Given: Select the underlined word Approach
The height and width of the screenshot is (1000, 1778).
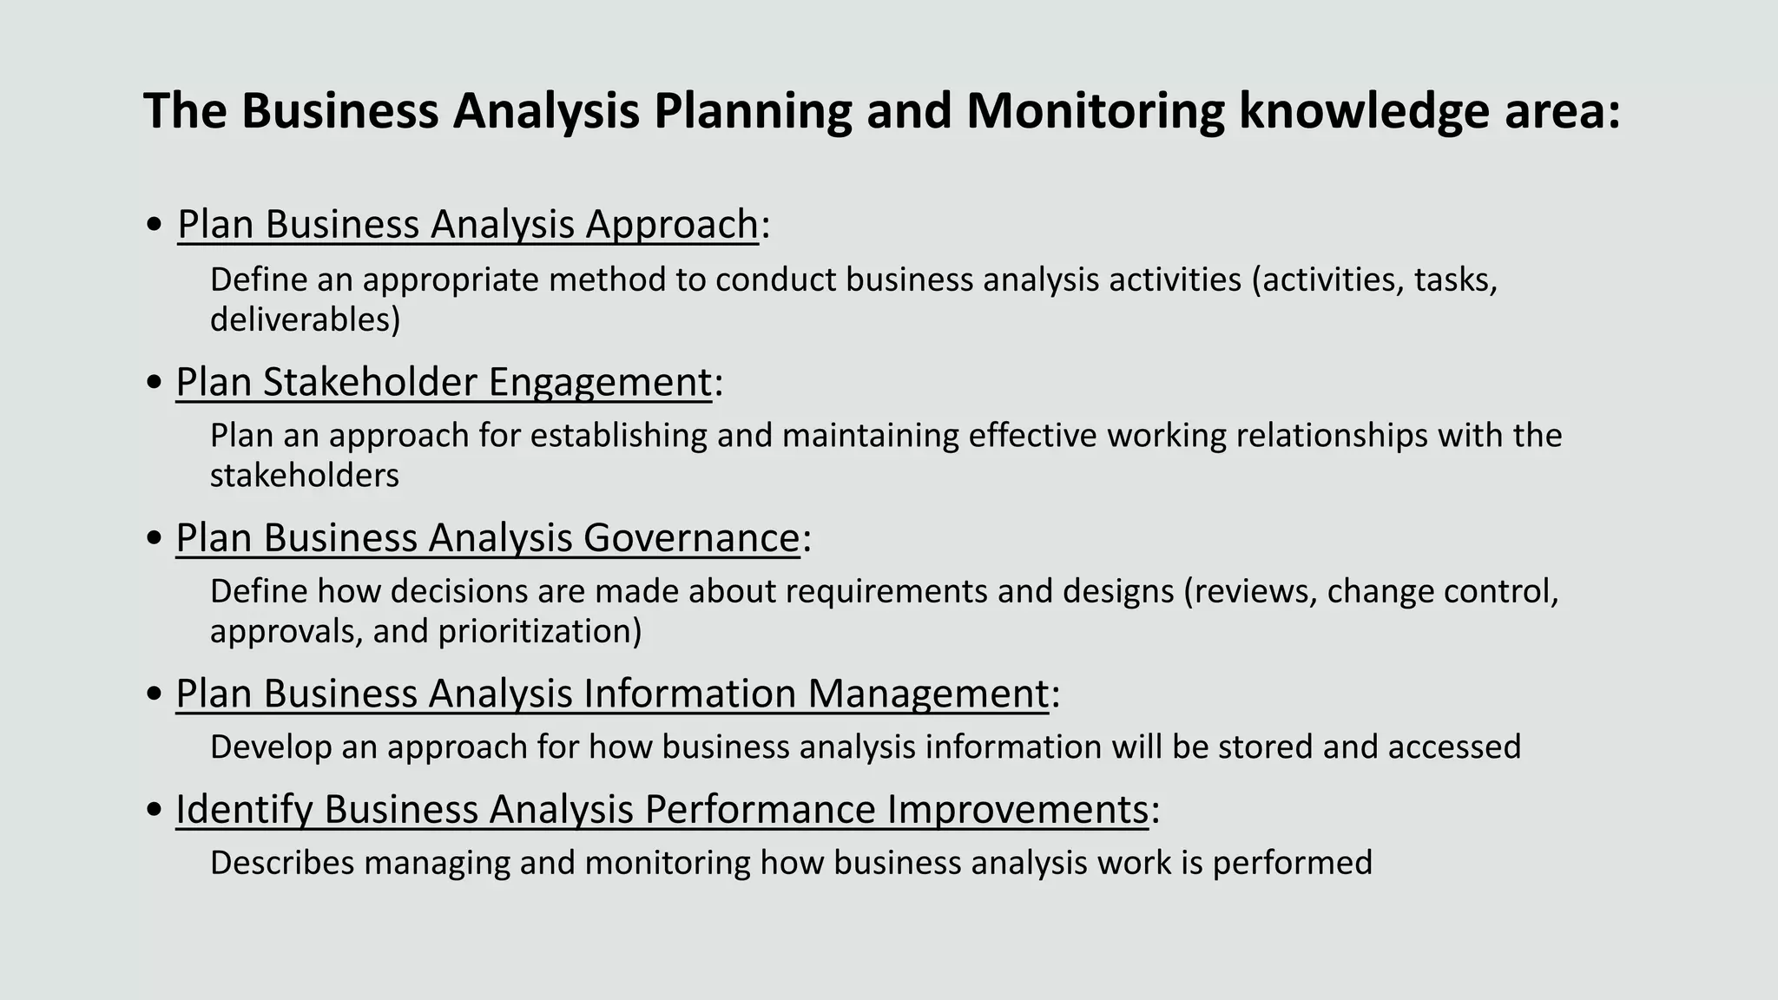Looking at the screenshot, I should [x=672, y=224].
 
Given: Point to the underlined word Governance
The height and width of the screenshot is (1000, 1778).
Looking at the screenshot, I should [x=691, y=537].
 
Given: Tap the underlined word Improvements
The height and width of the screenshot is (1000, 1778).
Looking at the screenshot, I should [x=1017, y=809].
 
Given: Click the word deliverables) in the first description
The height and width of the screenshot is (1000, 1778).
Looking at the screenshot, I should [x=305, y=319].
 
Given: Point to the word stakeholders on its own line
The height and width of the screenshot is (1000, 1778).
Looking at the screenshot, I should [x=304, y=476].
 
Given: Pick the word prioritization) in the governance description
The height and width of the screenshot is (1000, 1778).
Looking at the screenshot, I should [x=539, y=631].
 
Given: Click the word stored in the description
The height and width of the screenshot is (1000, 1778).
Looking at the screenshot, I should [x=1265, y=747].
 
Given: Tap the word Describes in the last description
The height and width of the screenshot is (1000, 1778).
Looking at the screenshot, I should [x=282, y=863].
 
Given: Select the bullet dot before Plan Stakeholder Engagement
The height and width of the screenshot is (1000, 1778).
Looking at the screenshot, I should [x=155, y=383].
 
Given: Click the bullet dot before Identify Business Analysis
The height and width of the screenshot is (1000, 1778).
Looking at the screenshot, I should [x=155, y=810].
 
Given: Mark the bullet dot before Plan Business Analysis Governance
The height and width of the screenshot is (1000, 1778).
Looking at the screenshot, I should [x=155, y=538].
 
